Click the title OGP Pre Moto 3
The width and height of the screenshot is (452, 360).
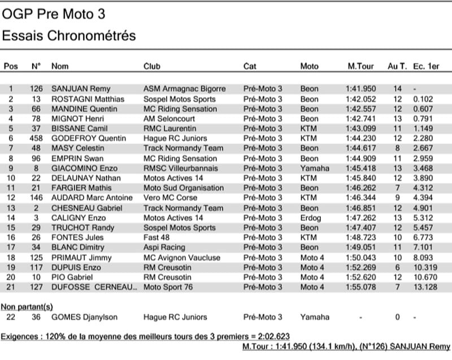point(54,14)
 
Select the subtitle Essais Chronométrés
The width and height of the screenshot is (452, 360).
point(69,36)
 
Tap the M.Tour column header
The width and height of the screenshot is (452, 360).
point(360,66)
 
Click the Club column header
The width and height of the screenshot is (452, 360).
point(152,66)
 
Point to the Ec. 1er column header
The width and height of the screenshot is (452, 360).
point(426,66)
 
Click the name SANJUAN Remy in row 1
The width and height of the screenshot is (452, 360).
point(81,89)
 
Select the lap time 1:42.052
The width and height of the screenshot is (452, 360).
point(360,99)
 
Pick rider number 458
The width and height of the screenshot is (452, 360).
point(36,138)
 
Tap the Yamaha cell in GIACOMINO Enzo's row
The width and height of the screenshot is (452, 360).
point(315,168)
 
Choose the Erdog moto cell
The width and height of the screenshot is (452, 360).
point(310,218)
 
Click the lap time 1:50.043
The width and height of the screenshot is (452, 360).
point(360,257)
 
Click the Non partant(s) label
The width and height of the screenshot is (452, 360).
point(27,306)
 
